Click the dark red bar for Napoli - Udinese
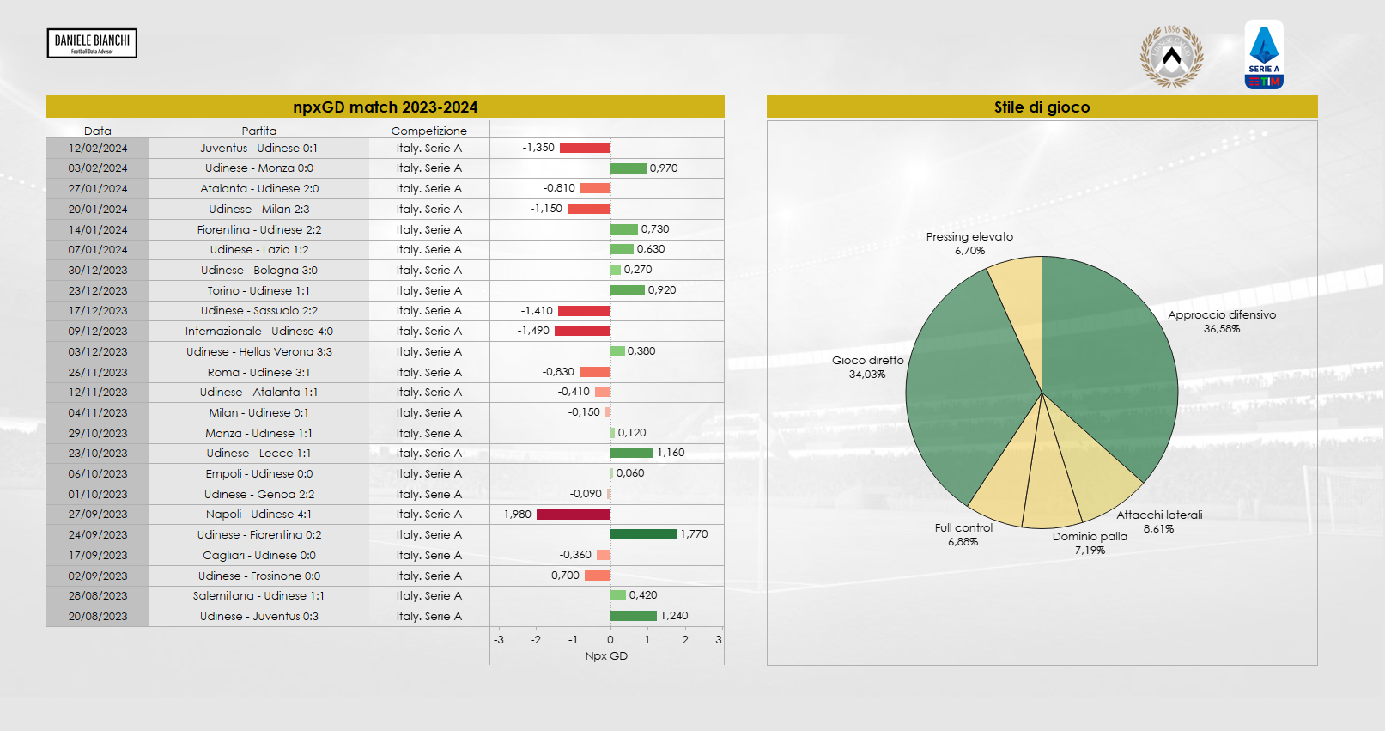click(x=574, y=515)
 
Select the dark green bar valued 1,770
click(x=643, y=534)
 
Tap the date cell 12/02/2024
click(x=98, y=149)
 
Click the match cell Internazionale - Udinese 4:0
click(x=258, y=332)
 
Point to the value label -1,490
click(x=533, y=331)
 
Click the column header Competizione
click(x=428, y=131)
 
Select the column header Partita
click(x=258, y=131)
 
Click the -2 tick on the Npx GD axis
click(x=536, y=640)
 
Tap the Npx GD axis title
click(x=606, y=656)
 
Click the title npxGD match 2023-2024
click(x=385, y=107)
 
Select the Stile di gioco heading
click(x=1042, y=107)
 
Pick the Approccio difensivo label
click(x=1221, y=315)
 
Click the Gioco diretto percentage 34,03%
click(x=867, y=375)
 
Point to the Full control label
click(x=963, y=528)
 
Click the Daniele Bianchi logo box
click(x=92, y=43)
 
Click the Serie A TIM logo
click(x=1264, y=55)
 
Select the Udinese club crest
click(x=1171, y=57)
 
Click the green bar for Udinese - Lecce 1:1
click(x=631, y=453)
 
